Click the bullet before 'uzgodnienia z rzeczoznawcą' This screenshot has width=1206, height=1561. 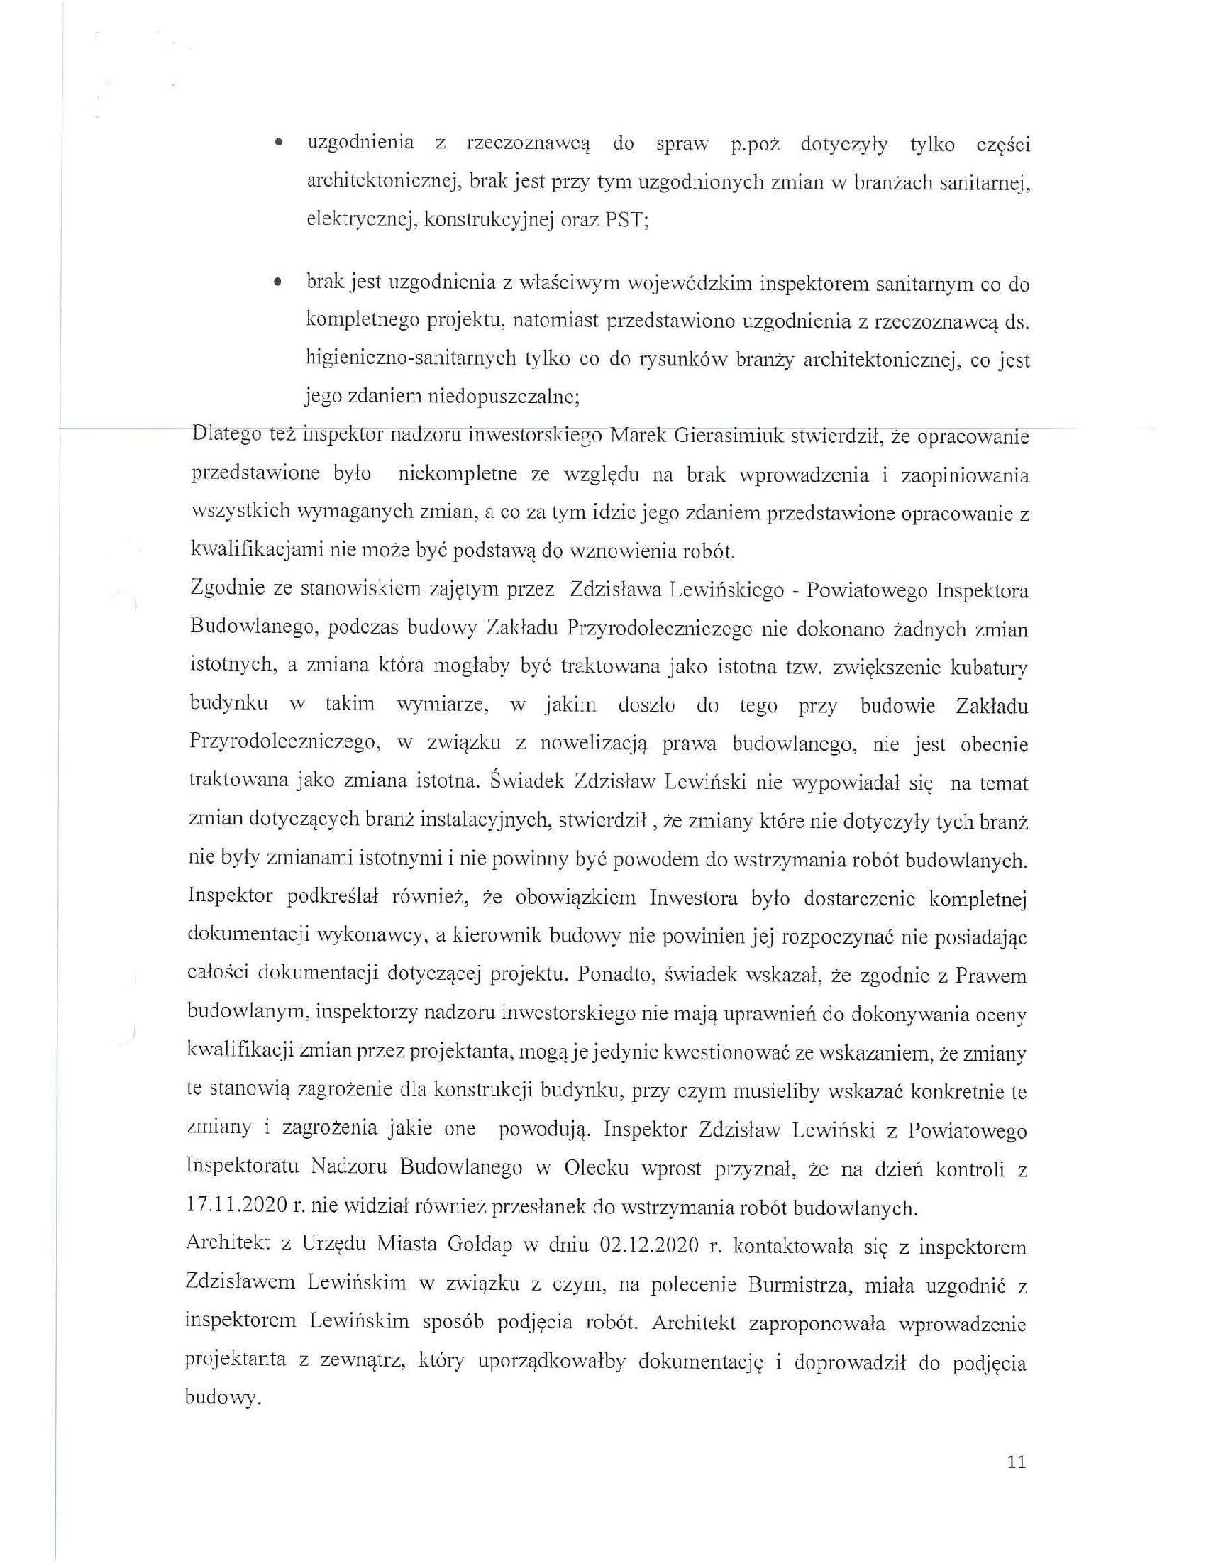click(x=276, y=144)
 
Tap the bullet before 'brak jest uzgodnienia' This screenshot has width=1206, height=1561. click(x=276, y=284)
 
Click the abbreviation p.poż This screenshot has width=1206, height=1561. click(x=753, y=145)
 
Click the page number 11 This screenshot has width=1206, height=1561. click(x=1016, y=1462)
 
